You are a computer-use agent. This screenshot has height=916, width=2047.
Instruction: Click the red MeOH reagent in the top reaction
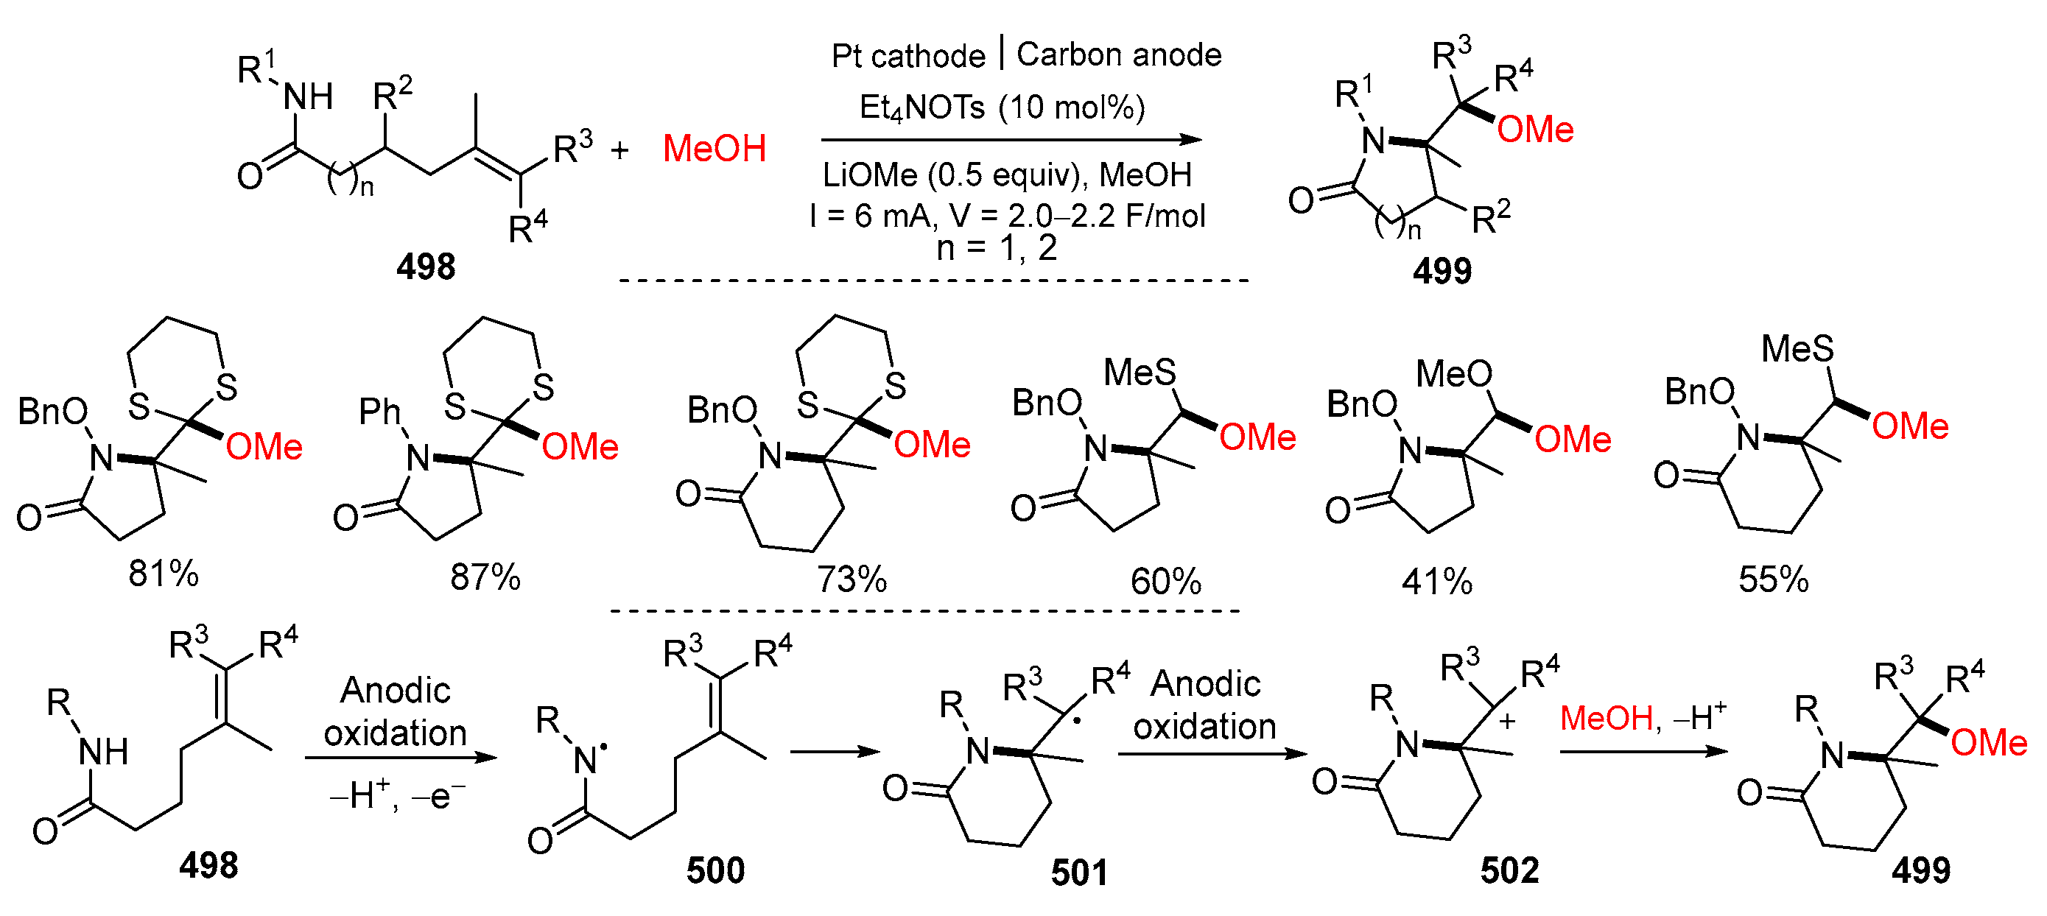[714, 149]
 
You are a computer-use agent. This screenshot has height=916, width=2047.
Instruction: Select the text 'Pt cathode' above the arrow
[907, 56]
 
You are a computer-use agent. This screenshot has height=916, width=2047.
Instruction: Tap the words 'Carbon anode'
[1118, 54]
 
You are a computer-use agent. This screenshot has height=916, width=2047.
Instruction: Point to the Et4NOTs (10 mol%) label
[1001, 107]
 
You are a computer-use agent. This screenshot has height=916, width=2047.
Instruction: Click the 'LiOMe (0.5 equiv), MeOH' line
[1007, 175]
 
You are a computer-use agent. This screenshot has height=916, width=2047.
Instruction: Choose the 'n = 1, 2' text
[997, 248]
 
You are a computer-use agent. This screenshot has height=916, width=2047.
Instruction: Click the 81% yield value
[163, 573]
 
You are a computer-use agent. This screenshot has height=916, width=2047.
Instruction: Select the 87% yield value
[485, 577]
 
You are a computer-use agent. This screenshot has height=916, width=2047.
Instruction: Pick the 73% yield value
[851, 579]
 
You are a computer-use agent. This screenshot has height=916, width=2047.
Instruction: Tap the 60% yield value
[1165, 582]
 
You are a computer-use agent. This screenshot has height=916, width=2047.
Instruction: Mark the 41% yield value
[1436, 582]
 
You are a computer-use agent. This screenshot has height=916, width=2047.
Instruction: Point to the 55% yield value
[1773, 579]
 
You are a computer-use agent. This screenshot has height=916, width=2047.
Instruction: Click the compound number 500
[715, 870]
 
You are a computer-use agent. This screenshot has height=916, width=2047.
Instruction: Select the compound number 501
[1078, 873]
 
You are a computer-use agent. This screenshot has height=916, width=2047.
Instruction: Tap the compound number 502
[1509, 870]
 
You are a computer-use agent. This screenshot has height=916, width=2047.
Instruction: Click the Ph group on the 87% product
[380, 412]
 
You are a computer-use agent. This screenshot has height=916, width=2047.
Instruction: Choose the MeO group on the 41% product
[1453, 373]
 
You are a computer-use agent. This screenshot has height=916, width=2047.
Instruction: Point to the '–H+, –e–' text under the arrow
[396, 795]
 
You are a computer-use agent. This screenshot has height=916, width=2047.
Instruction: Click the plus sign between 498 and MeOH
[619, 149]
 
